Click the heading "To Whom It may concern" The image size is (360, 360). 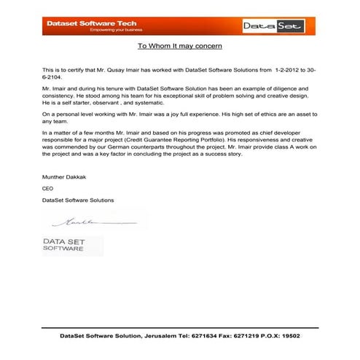(179, 46)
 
